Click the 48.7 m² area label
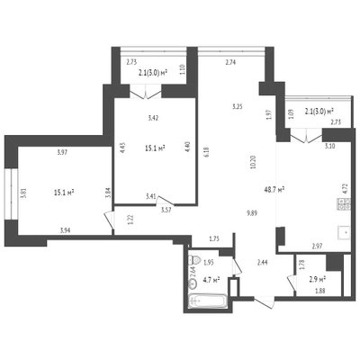pyautogui.click(x=274, y=190)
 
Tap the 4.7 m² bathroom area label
pyautogui.click(x=211, y=280)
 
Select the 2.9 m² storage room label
pyautogui.click(x=318, y=280)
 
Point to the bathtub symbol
pyautogui.click(x=208, y=301)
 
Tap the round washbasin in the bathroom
pyautogui.click(x=193, y=283)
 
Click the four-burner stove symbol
pyautogui.click(x=345, y=204)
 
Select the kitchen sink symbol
pyautogui.click(x=345, y=232)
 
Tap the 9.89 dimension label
pyautogui.click(x=252, y=213)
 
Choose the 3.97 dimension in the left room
pyautogui.click(x=62, y=152)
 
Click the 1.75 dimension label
pyautogui.click(x=214, y=238)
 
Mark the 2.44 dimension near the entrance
pyautogui.click(x=262, y=262)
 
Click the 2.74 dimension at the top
pyautogui.click(x=230, y=62)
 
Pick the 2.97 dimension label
pyautogui.click(x=317, y=247)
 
